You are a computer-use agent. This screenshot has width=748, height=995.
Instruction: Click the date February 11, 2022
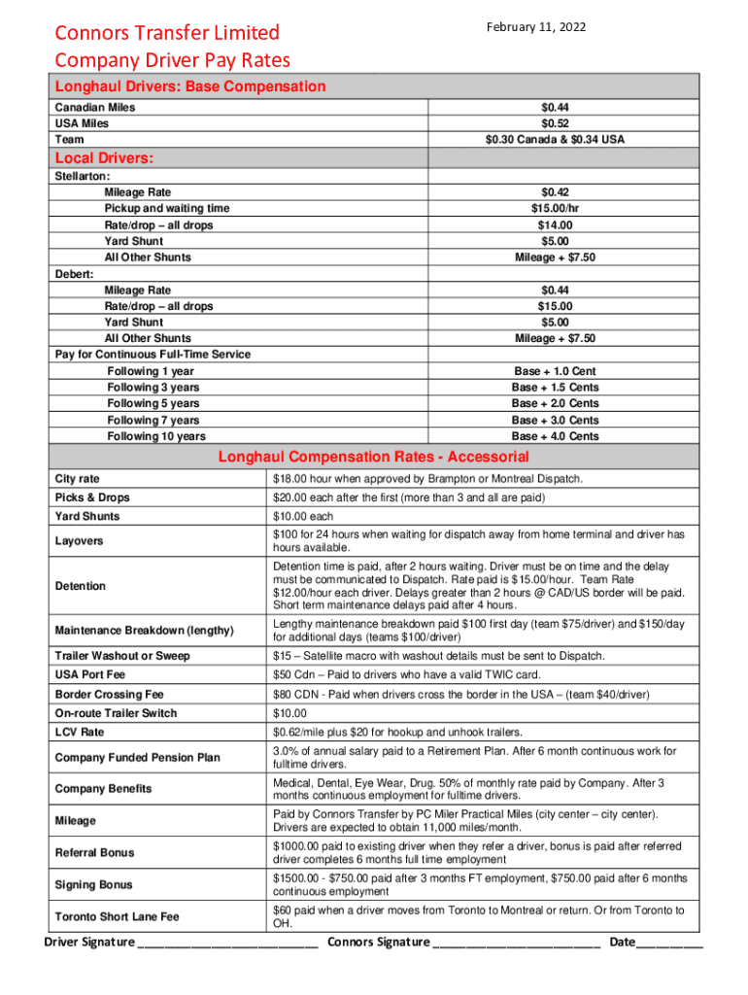pyautogui.click(x=537, y=26)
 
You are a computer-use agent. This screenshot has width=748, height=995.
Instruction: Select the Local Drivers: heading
pyautogui.click(x=106, y=157)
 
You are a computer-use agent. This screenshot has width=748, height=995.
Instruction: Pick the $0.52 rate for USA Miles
pyautogui.click(x=555, y=123)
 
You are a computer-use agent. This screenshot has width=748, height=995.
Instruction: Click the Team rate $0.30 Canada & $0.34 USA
pyautogui.click(x=555, y=140)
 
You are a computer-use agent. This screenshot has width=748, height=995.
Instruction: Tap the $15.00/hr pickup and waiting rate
pyautogui.click(x=555, y=209)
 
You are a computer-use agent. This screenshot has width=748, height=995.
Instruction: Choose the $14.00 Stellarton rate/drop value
pyautogui.click(x=555, y=225)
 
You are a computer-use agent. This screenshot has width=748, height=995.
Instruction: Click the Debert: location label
pyautogui.click(x=74, y=274)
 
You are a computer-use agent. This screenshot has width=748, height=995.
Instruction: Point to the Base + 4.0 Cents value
pyautogui.click(x=555, y=436)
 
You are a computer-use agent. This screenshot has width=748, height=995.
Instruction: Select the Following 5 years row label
pyautogui.click(x=153, y=403)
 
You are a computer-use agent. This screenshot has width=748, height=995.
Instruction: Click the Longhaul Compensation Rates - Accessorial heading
pyautogui.click(x=373, y=457)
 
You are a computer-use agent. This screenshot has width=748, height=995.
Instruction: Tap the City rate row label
pyautogui.click(x=78, y=479)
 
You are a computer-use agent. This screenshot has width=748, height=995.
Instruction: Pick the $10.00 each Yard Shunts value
pyautogui.click(x=303, y=517)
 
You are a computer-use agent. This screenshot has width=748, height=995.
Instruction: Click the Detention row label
pyautogui.click(x=81, y=586)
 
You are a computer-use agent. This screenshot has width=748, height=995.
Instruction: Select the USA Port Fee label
pyautogui.click(x=90, y=674)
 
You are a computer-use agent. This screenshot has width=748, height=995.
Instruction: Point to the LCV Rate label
pyautogui.click(x=80, y=732)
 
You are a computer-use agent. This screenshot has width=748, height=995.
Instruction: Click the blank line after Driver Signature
pyautogui.click(x=229, y=944)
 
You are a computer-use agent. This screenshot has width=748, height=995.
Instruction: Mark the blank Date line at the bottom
pyautogui.click(x=670, y=944)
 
